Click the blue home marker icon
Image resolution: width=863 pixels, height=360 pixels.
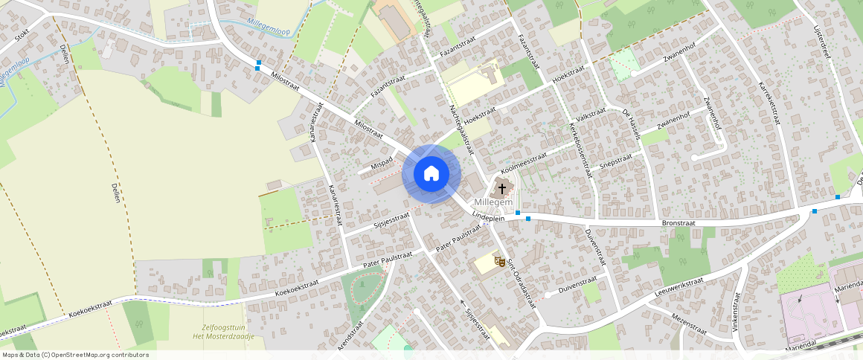click(431, 174)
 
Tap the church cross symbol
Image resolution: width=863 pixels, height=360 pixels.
click(502, 188)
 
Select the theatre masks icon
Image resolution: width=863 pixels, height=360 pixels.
click(499, 261)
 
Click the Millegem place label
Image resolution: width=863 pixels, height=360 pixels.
click(493, 202)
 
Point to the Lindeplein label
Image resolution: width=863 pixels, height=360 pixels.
click(489, 216)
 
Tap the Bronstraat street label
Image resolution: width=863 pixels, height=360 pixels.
click(678, 222)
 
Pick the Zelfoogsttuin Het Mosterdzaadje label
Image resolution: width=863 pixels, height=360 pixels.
click(228, 332)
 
